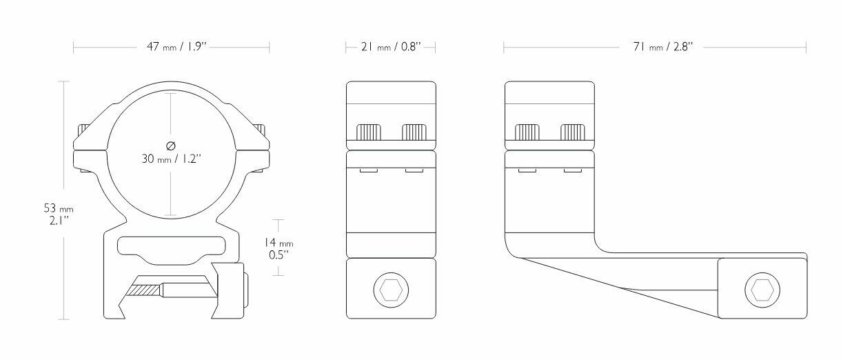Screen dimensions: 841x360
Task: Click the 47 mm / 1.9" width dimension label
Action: point(176,47)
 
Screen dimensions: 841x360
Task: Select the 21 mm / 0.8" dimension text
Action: point(391,47)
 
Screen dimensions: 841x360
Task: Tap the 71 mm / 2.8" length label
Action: point(663,47)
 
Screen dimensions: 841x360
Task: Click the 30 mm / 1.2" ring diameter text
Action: point(172,159)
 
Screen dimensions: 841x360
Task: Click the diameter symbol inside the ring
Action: point(170,146)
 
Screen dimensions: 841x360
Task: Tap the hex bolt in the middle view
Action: point(391,290)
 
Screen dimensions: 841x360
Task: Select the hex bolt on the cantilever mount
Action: point(762,290)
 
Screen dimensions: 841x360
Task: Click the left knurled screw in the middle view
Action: point(369,132)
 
